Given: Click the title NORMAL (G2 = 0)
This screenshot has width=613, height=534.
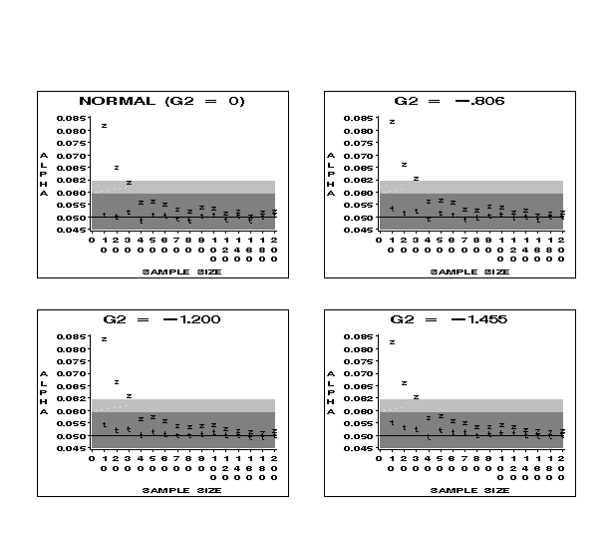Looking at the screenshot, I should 161,101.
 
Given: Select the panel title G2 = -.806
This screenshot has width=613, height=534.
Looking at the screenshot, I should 449,101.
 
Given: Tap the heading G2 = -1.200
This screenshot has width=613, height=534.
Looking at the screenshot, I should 161,319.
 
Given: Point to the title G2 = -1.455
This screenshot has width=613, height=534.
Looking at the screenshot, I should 449,319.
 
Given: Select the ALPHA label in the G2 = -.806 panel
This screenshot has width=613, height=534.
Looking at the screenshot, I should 331,175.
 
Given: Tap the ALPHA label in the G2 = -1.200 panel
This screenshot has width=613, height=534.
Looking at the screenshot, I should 44,393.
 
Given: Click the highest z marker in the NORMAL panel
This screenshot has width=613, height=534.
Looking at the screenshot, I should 104,126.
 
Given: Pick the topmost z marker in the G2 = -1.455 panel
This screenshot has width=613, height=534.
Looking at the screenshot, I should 392,342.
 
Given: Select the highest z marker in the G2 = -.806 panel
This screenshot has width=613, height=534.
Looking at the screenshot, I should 392,122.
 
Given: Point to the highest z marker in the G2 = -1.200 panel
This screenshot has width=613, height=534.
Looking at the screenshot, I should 104,339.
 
